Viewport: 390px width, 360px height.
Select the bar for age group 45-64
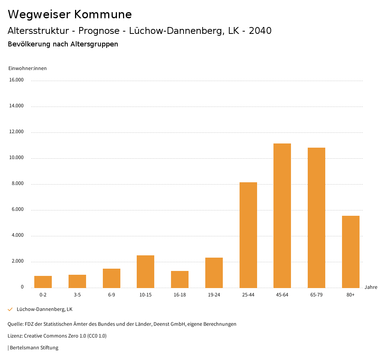coord(282,215)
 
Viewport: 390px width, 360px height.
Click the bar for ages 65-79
coord(316,217)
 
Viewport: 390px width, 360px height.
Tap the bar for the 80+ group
coord(351,252)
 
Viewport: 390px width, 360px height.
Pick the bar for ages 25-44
coord(248,235)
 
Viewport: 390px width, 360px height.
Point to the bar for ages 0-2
coord(43,282)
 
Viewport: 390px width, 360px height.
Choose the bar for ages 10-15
coord(145,271)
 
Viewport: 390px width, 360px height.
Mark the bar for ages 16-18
coord(180,279)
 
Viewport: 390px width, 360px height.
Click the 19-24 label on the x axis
coord(214,295)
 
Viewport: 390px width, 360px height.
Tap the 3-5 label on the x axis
coord(77,295)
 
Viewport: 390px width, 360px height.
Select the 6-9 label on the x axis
coord(112,295)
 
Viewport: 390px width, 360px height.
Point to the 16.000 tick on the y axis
coord(16,80)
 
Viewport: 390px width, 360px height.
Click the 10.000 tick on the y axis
coord(16,158)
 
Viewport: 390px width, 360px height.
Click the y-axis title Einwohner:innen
coord(27,68)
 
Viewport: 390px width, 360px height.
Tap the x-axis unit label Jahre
coord(371,287)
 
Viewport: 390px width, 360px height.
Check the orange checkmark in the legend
coord(10,309)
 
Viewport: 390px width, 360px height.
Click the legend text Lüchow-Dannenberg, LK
coord(45,309)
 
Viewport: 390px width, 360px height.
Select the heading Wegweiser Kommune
coord(70,14)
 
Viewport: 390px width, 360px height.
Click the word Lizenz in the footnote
coord(15,336)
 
